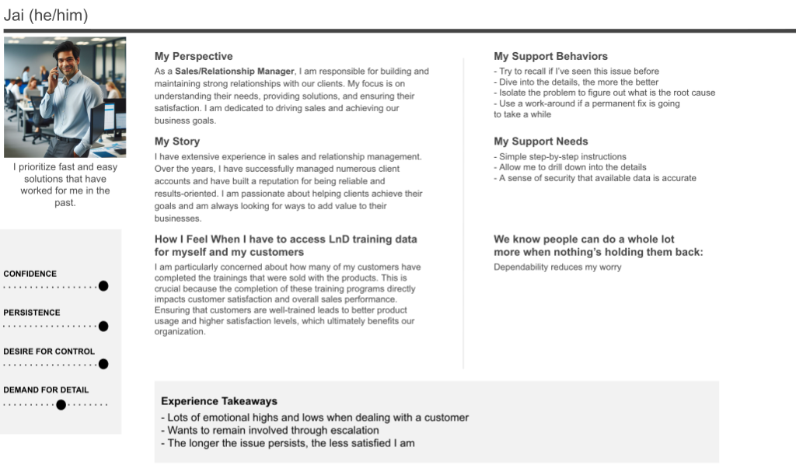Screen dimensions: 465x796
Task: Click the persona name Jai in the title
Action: tap(16, 16)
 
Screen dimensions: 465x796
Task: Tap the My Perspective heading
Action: tap(194, 56)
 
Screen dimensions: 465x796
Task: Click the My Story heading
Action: tap(177, 142)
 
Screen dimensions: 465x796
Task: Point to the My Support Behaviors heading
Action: tap(550, 56)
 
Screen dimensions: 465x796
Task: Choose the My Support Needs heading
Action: tap(540, 142)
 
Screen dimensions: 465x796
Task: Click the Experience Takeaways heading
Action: tap(219, 401)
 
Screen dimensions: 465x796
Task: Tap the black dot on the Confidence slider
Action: tap(103, 286)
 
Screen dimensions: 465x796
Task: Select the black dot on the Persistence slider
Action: tap(103, 326)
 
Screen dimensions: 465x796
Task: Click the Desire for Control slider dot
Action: tap(103, 364)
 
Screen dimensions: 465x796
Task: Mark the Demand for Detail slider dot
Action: tap(61, 404)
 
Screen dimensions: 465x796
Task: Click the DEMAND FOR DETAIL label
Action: tap(46, 390)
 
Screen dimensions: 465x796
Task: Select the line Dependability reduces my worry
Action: tap(557, 267)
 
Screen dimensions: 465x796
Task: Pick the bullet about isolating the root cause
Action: tap(604, 93)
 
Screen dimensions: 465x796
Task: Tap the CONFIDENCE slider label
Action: tap(30, 274)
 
